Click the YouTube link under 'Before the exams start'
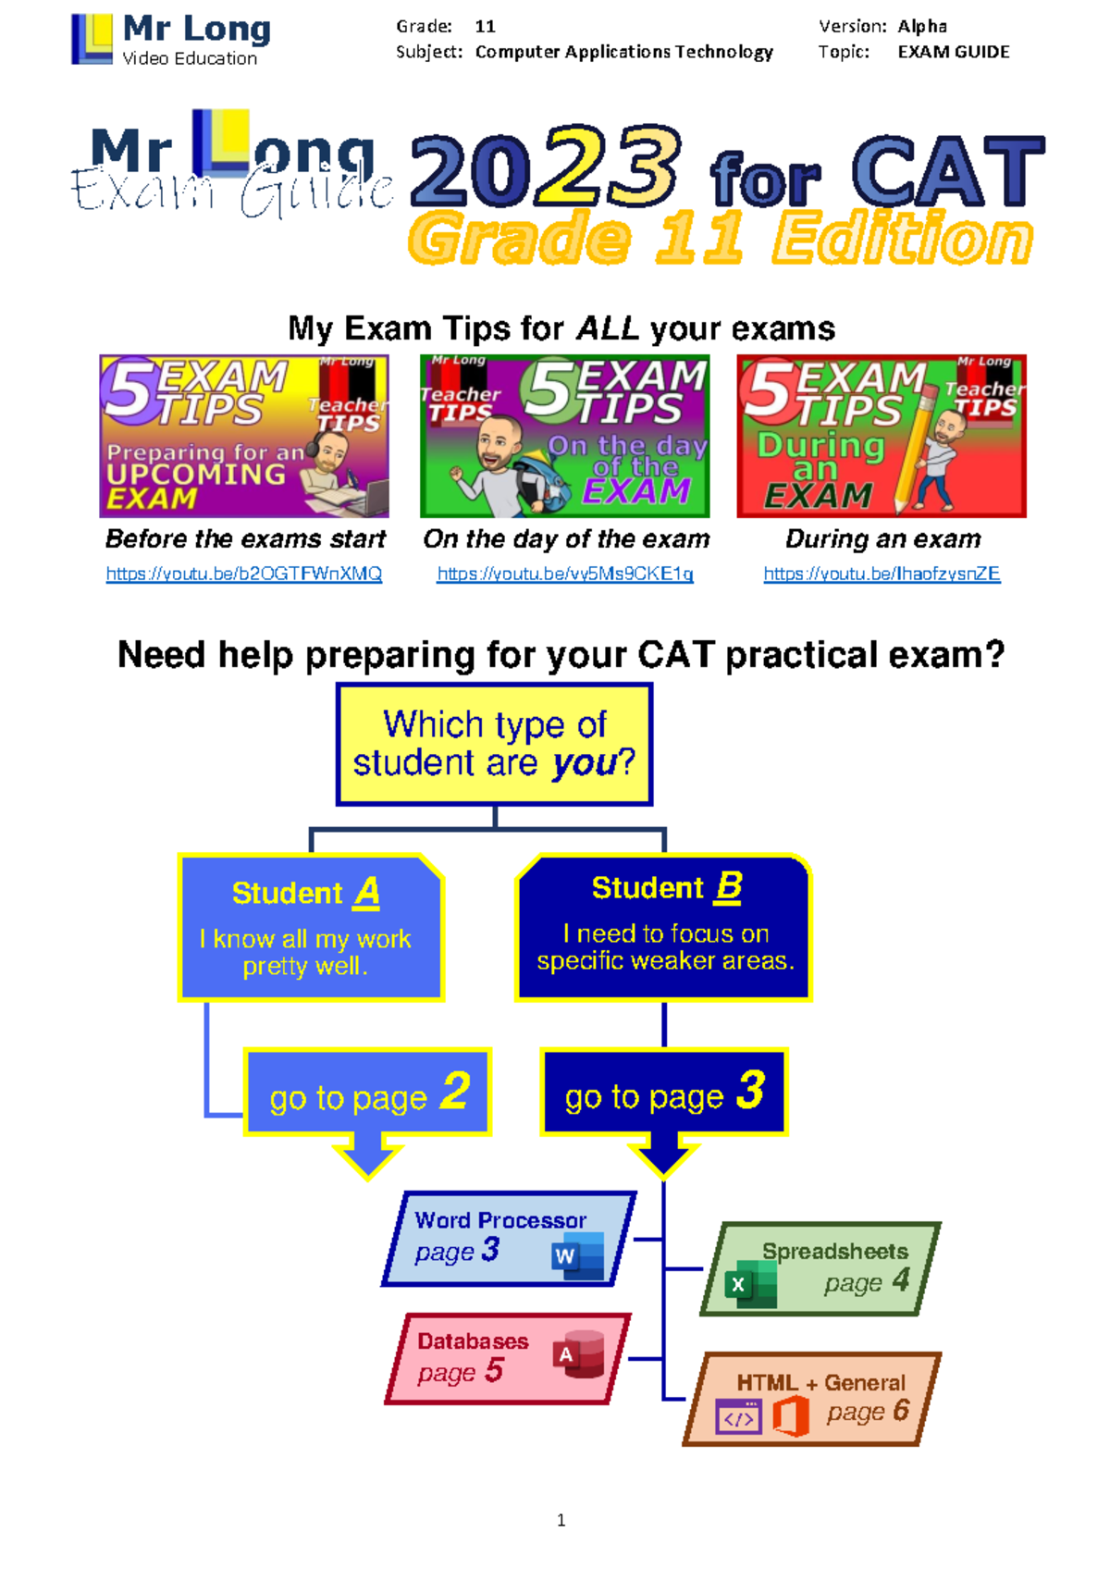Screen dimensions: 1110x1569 click(x=243, y=574)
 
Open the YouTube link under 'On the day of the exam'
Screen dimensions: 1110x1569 click(x=564, y=574)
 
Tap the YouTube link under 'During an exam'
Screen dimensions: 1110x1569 click(x=882, y=574)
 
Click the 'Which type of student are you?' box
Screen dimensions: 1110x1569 click(x=495, y=744)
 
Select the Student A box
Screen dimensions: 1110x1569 click(x=311, y=927)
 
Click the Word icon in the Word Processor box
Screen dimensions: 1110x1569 click(x=577, y=1256)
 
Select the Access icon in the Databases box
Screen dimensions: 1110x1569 click(x=578, y=1354)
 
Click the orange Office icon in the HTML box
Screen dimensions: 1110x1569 click(x=791, y=1415)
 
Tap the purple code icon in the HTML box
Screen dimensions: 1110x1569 click(x=738, y=1416)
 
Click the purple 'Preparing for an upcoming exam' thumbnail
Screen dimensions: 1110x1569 click(x=243, y=437)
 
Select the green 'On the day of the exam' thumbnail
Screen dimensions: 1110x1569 click(x=564, y=437)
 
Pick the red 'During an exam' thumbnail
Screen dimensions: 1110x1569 click(x=882, y=437)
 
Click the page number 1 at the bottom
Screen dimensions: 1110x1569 click(x=561, y=1519)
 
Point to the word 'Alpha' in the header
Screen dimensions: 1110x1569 click(x=922, y=27)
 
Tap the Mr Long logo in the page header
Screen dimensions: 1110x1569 click(x=171, y=39)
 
